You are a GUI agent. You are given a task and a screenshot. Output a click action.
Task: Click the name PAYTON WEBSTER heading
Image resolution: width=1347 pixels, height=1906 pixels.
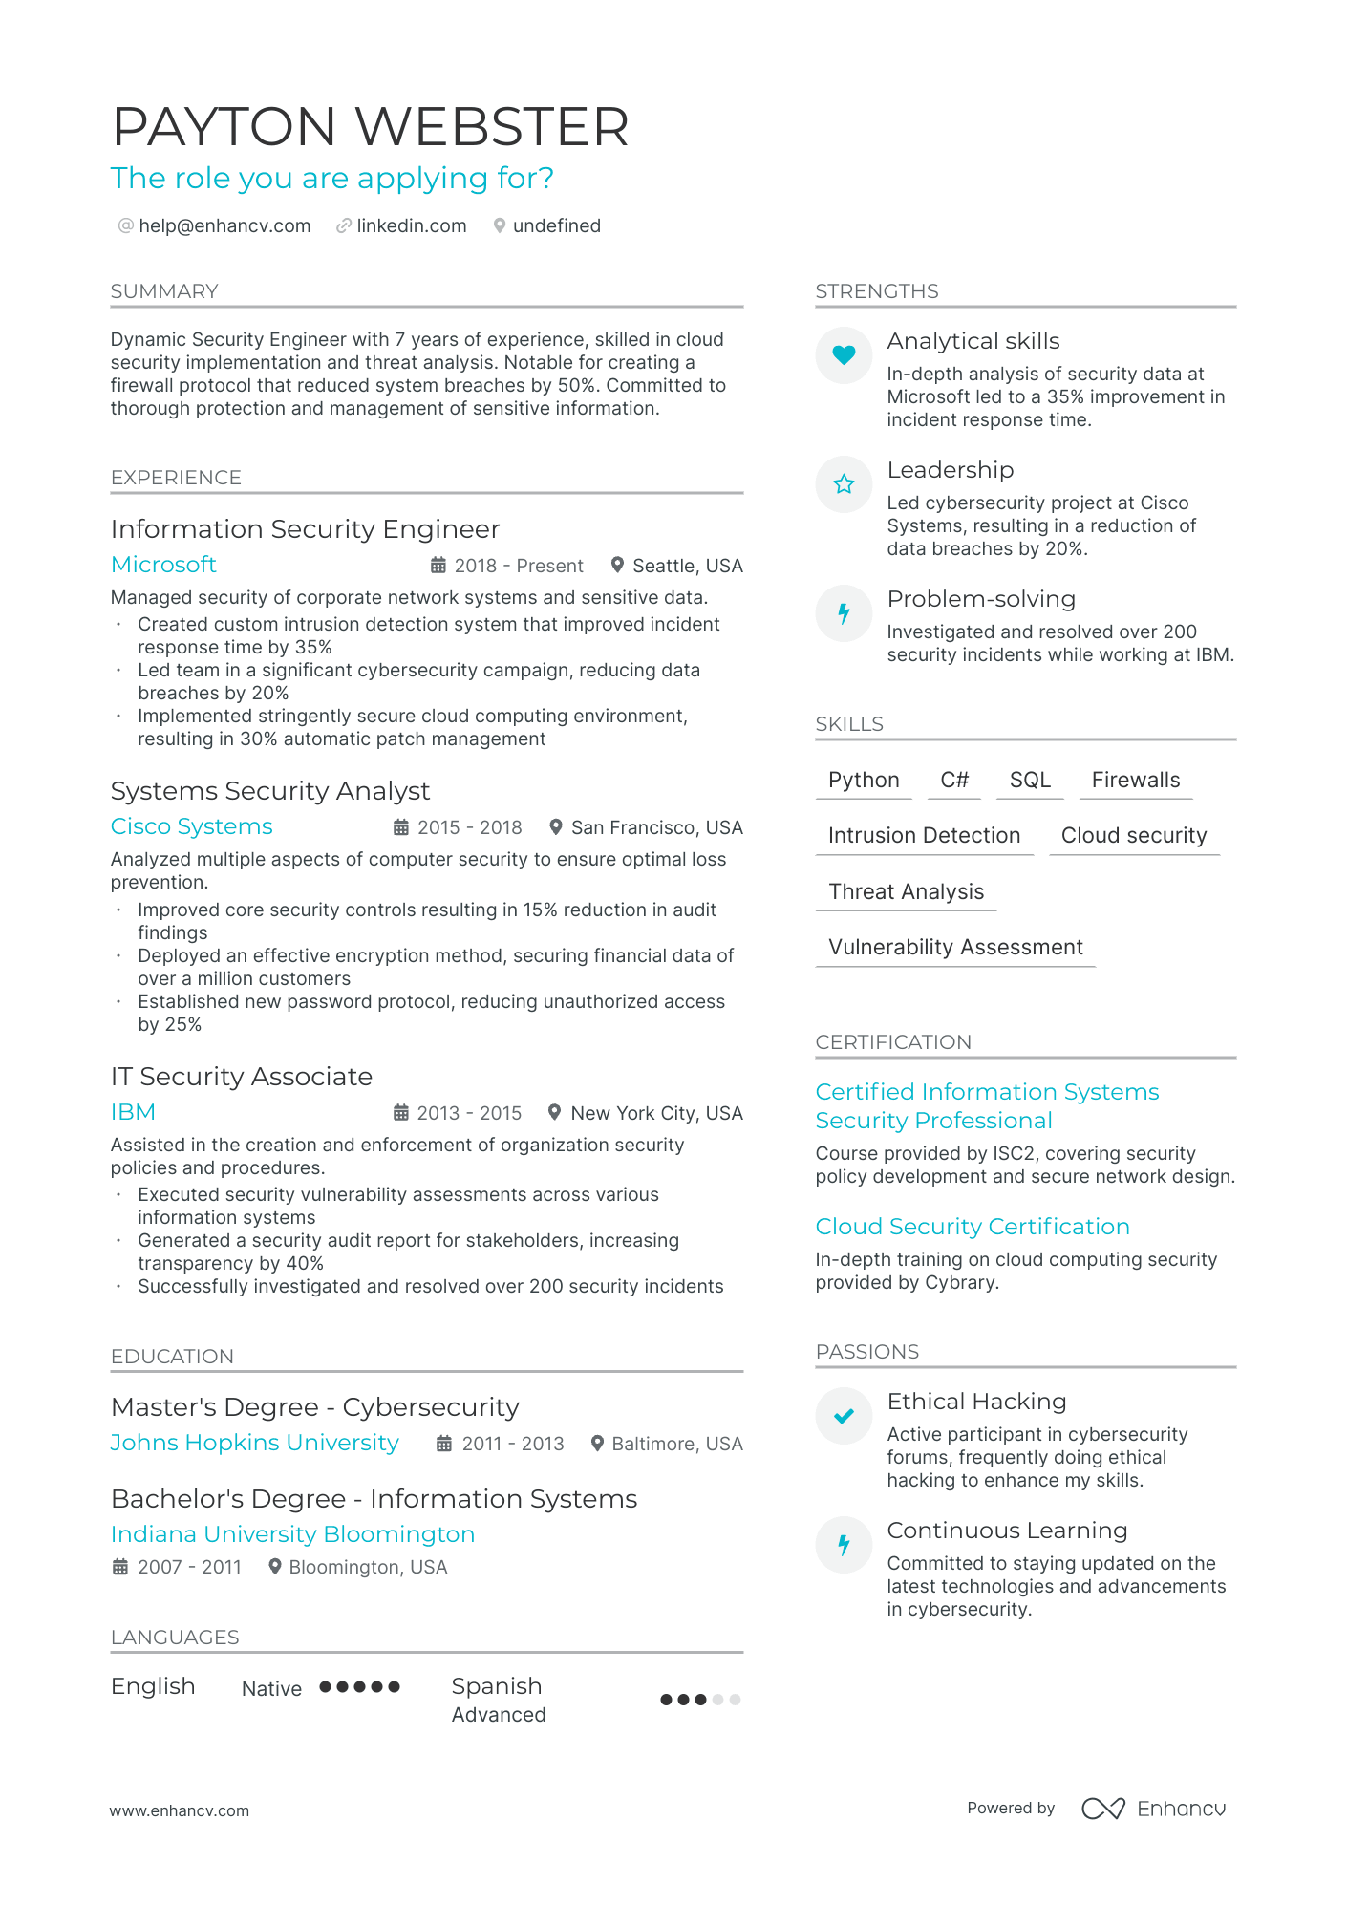(x=370, y=127)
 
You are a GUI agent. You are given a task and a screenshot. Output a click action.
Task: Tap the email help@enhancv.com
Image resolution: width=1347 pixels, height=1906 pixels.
(x=224, y=226)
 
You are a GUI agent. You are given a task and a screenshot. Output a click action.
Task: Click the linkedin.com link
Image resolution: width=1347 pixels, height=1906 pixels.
(x=411, y=226)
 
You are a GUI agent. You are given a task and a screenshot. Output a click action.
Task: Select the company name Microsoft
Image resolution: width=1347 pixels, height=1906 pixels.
(x=163, y=565)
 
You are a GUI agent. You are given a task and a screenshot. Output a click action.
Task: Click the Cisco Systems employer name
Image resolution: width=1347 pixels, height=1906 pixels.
(x=191, y=826)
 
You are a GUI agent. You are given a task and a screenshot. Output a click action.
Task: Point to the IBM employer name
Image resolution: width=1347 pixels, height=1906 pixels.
(x=133, y=1112)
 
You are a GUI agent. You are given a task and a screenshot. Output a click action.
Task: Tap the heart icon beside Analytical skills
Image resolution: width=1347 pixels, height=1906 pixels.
(x=844, y=355)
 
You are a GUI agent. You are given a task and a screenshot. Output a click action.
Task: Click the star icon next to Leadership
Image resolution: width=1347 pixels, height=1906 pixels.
(x=844, y=484)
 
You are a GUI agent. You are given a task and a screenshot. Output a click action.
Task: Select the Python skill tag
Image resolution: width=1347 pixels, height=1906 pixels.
(x=864, y=781)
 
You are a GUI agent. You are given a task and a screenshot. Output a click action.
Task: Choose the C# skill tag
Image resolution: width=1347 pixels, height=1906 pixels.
(x=954, y=781)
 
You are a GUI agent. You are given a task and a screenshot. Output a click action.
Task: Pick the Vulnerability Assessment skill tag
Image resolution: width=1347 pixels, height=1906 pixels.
(x=955, y=948)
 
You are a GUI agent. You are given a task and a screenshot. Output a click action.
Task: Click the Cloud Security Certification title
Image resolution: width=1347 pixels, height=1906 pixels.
(x=972, y=1227)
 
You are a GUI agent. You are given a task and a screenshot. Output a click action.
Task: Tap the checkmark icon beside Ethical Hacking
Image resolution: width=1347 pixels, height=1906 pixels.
(x=844, y=1416)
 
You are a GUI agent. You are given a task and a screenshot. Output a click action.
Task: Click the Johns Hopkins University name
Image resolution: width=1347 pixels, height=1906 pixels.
(x=254, y=1443)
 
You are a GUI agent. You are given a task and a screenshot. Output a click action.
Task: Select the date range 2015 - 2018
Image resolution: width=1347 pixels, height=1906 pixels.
(x=469, y=827)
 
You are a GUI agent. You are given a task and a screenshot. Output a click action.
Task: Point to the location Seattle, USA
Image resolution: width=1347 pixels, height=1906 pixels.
(x=687, y=566)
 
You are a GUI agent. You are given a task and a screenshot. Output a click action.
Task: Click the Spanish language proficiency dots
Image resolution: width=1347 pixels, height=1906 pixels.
(x=700, y=1700)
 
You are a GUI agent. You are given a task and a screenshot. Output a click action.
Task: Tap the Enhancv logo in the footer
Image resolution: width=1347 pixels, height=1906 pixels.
(x=1153, y=1809)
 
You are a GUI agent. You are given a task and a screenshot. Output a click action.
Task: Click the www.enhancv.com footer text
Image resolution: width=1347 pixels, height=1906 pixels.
(x=180, y=1810)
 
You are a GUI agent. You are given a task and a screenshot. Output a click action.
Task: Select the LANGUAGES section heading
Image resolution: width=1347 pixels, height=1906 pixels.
(x=175, y=1638)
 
